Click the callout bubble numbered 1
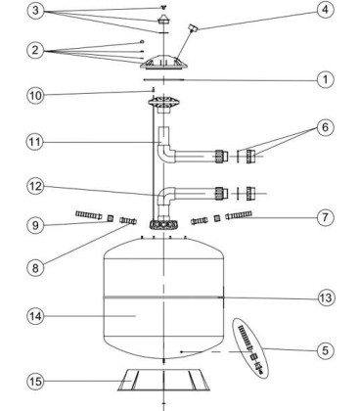pyautogui.click(x=325, y=79)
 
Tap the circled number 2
pyautogui.click(x=35, y=51)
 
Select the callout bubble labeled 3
pyautogui.click(x=35, y=11)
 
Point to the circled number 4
pyautogui.click(x=325, y=10)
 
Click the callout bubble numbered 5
pyautogui.click(x=325, y=350)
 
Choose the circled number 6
pyautogui.click(x=325, y=127)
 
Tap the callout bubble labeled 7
pyautogui.click(x=325, y=217)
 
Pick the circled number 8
pyautogui.click(x=35, y=268)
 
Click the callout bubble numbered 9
pyautogui.click(x=35, y=225)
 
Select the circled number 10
pyautogui.click(x=35, y=96)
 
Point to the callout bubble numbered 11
pyautogui.click(x=35, y=142)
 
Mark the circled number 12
pyautogui.click(x=35, y=186)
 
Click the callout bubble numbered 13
pyautogui.click(x=325, y=297)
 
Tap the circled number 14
pyautogui.click(x=35, y=316)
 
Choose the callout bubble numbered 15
pyautogui.click(x=35, y=381)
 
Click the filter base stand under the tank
pyautogui.click(x=163, y=380)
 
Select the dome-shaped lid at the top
pyautogui.click(x=164, y=63)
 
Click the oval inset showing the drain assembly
pyautogui.click(x=250, y=348)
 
